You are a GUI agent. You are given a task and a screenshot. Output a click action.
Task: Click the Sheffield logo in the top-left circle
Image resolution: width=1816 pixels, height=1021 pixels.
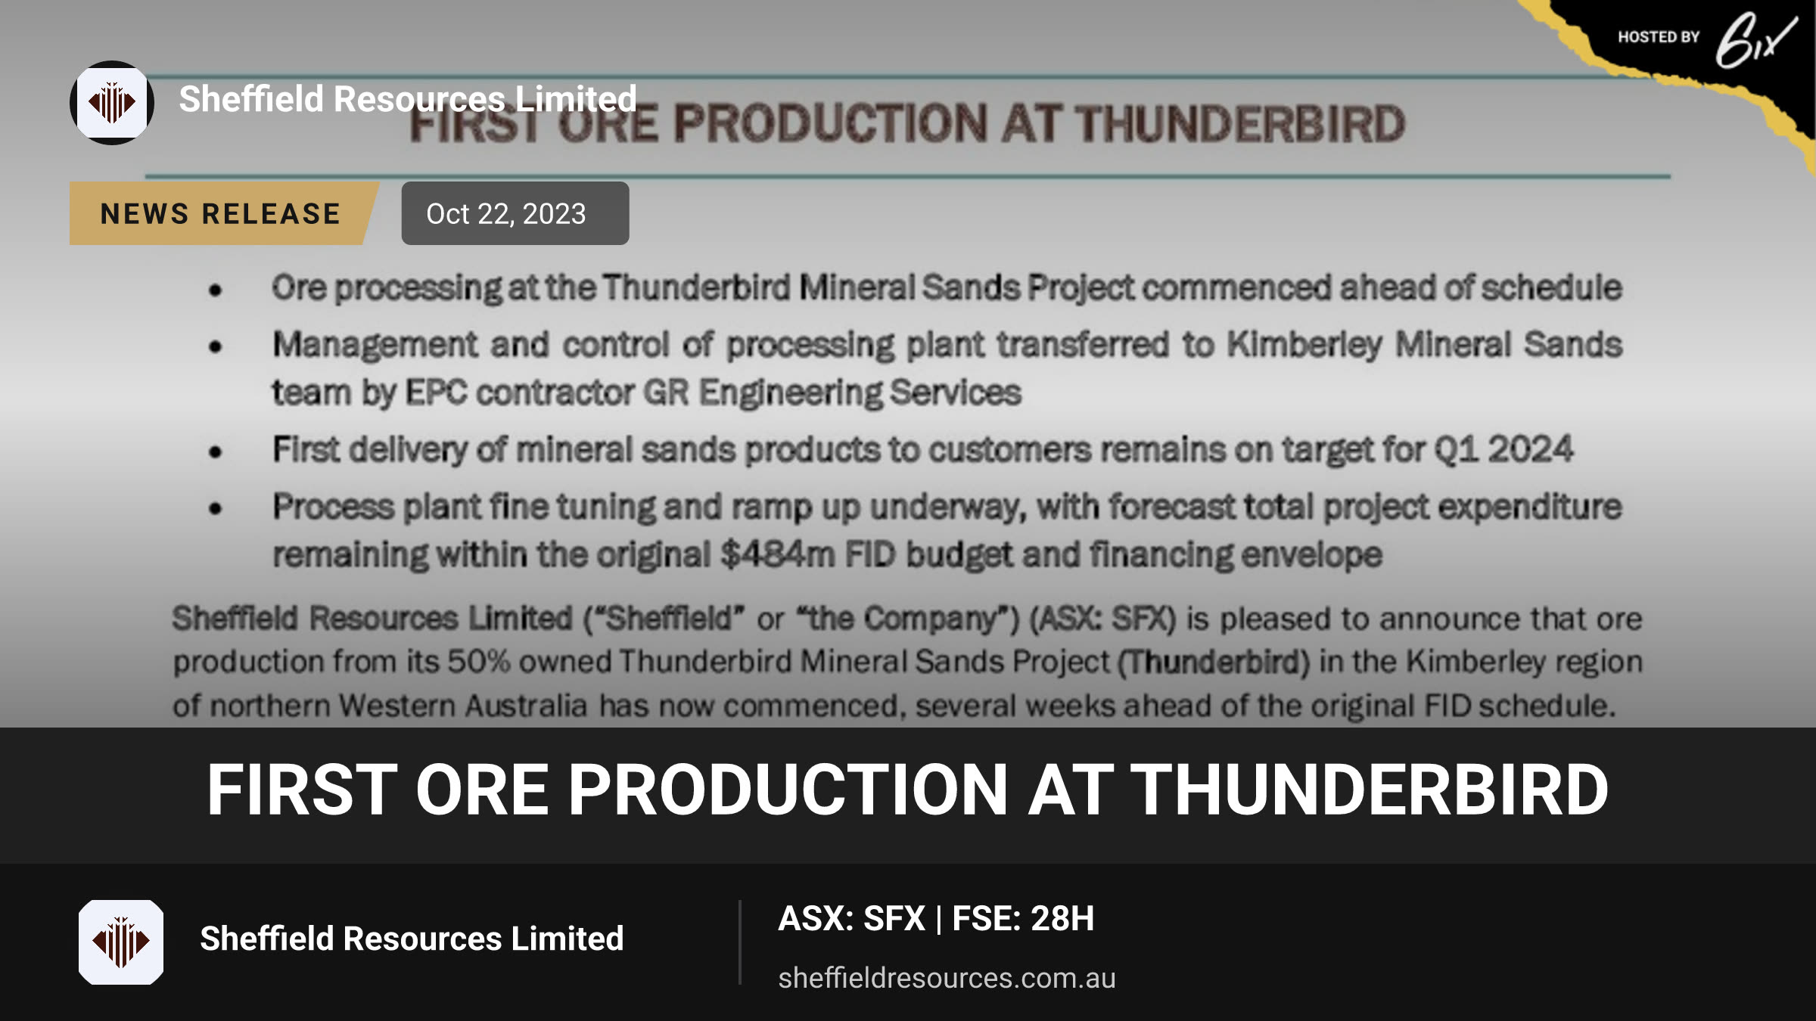coord(112,103)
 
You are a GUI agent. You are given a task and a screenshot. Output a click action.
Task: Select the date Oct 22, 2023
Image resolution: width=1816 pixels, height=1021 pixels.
coord(506,214)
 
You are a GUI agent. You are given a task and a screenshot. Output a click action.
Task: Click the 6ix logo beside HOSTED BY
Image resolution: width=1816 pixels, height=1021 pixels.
coord(1755,40)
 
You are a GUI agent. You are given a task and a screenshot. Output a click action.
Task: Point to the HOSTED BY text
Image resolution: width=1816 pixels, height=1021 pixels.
coord(1659,37)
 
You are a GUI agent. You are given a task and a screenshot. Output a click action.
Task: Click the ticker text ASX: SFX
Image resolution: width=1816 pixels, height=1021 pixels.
coord(851,918)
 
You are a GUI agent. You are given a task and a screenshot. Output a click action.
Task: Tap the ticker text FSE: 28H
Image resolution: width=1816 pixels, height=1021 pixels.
coord(1023,918)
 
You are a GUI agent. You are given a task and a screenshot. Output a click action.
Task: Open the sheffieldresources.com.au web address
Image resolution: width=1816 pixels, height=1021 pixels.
coord(947,978)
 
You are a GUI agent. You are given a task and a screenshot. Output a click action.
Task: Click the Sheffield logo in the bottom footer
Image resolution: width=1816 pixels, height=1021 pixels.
coord(121,942)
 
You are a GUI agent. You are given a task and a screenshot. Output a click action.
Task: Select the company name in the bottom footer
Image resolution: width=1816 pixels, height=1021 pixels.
coord(412,939)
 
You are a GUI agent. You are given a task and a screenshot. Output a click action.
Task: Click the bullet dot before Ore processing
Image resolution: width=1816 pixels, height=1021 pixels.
coord(216,290)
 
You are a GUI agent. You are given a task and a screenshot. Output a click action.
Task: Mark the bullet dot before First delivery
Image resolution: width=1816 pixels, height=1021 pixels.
coord(216,452)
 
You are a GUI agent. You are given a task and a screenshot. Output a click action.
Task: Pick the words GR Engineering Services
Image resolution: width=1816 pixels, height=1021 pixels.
coord(832,393)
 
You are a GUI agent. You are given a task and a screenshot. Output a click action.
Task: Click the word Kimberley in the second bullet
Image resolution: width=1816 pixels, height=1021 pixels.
coord(1304,345)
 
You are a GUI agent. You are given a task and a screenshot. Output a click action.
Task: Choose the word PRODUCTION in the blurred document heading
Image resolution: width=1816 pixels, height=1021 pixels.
coord(830,123)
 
